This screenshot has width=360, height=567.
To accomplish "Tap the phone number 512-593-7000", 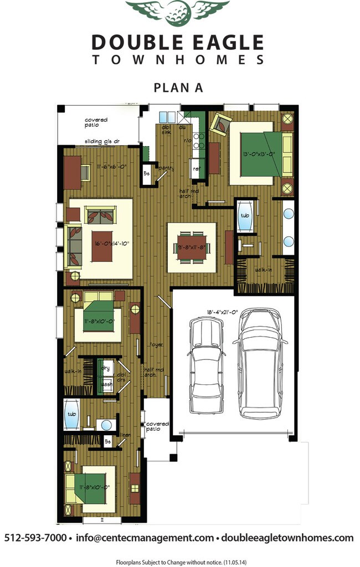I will click(x=35, y=538).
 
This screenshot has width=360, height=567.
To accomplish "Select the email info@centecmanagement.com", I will click(x=145, y=538).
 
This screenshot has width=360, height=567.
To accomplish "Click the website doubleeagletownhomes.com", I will click(x=287, y=538).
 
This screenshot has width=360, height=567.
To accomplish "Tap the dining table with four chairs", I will click(x=192, y=248).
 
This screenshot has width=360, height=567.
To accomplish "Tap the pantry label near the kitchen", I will click(x=166, y=167).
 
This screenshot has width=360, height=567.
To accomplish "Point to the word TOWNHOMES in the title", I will click(x=177, y=60).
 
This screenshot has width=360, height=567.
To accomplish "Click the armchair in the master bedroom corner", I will click(x=222, y=125).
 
